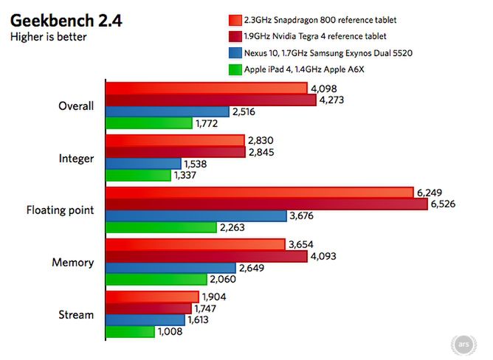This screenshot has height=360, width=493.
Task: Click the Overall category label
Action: [76, 105]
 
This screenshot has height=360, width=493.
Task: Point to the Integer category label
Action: [76, 158]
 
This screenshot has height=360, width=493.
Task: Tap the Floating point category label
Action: [60, 210]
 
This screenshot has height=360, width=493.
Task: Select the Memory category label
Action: [73, 263]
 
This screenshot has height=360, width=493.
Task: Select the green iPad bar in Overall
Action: [148, 123]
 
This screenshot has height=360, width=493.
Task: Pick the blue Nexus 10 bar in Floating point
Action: [196, 216]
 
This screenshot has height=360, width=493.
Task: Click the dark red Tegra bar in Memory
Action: [206, 257]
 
